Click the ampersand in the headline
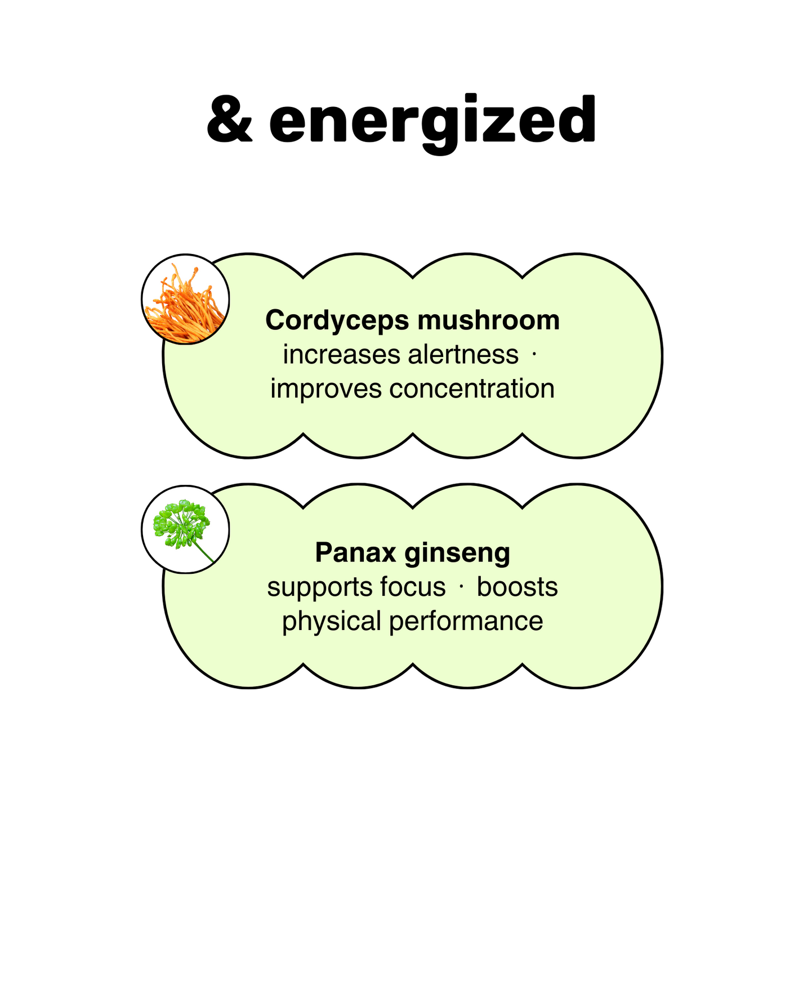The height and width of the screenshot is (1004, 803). (x=229, y=120)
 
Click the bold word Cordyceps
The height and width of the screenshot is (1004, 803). (x=337, y=321)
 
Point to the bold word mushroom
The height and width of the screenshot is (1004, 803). (x=488, y=320)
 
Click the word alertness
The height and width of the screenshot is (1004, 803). (x=463, y=355)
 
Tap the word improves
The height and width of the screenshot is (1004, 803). (x=325, y=389)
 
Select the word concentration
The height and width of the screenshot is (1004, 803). (x=472, y=389)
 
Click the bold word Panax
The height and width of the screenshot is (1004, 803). (x=356, y=552)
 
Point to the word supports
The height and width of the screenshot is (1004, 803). (x=319, y=588)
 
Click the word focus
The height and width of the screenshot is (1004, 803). (x=413, y=587)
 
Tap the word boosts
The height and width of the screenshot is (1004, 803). (x=517, y=587)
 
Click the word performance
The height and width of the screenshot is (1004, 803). (x=466, y=622)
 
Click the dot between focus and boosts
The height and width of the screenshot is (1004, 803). (x=461, y=587)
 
